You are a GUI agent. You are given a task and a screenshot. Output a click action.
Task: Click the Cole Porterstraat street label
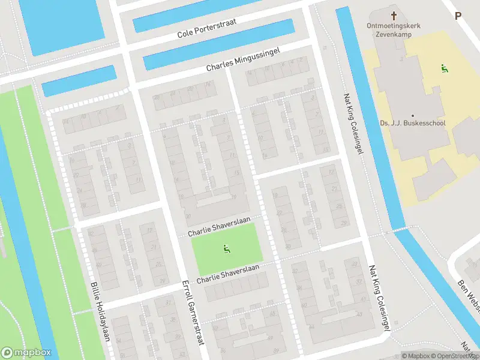[207, 28]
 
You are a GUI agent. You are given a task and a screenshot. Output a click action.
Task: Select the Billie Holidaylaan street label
[100, 311]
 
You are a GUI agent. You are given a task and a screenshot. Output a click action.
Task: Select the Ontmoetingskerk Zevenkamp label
[394, 31]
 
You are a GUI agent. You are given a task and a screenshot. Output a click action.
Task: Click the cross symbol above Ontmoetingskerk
[394, 16]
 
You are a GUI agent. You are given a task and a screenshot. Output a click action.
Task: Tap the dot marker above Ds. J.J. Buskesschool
[412, 115]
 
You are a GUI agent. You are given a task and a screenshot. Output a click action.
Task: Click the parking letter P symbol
[458, 16]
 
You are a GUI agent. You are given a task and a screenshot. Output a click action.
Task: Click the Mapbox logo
[26, 353]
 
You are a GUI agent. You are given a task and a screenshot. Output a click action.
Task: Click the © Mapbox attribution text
[415, 356]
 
